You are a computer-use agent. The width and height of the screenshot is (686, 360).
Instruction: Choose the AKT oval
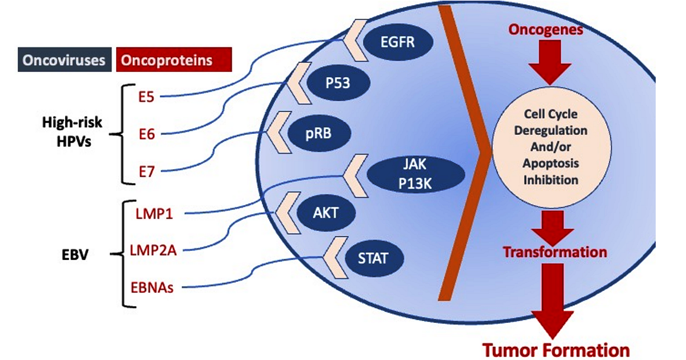pos(326,214)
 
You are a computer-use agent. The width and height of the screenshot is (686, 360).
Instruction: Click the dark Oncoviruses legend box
pos(63,60)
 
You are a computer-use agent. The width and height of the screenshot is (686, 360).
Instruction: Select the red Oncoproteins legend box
pos(173,60)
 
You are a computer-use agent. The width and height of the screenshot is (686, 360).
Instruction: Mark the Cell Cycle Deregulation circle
pos(549,154)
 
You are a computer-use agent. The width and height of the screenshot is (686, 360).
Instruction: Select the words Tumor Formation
pos(556,349)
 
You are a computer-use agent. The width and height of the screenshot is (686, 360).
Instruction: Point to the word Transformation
pos(554,252)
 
